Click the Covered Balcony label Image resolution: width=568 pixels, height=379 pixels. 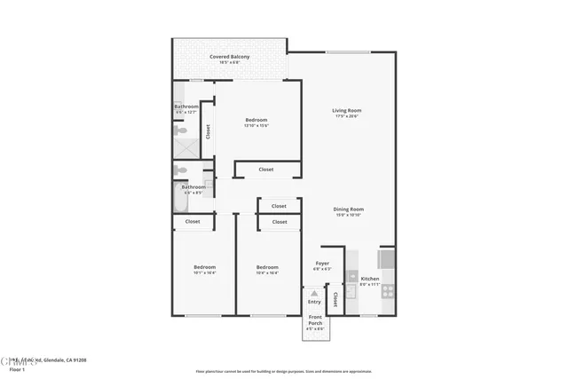(x=229, y=57)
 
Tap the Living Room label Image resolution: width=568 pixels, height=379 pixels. (x=347, y=110)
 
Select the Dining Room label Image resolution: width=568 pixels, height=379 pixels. (x=349, y=209)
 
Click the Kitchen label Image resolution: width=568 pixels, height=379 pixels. (x=370, y=279)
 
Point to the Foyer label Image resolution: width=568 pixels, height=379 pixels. (x=322, y=263)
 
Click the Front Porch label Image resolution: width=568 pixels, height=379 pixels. (x=316, y=320)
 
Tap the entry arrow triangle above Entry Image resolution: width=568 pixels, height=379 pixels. (x=313, y=292)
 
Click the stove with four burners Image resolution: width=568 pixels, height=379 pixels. (x=388, y=288)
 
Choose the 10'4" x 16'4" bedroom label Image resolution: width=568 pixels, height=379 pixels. (x=267, y=267)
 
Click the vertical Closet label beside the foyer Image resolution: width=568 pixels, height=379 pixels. (x=335, y=299)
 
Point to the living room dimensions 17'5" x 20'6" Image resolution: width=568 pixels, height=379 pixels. (x=347, y=116)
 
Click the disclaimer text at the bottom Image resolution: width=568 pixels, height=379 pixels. (x=284, y=371)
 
